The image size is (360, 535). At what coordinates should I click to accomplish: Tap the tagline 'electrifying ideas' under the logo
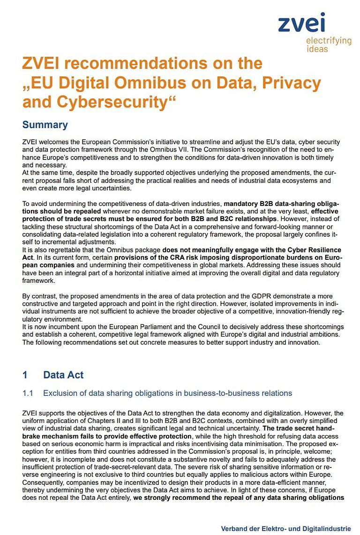[x=329, y=45]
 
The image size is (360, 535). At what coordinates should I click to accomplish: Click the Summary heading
[x=45, y=125]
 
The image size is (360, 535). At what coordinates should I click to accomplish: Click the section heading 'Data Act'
[x=63, y=375]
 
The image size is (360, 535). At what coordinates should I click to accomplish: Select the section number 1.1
[x=28, y=393]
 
